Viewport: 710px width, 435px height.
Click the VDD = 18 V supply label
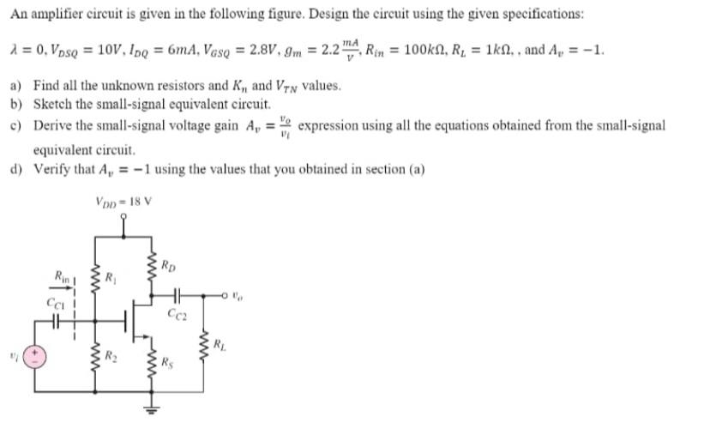[123, 202]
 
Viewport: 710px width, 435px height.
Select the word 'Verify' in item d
[50, 168]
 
